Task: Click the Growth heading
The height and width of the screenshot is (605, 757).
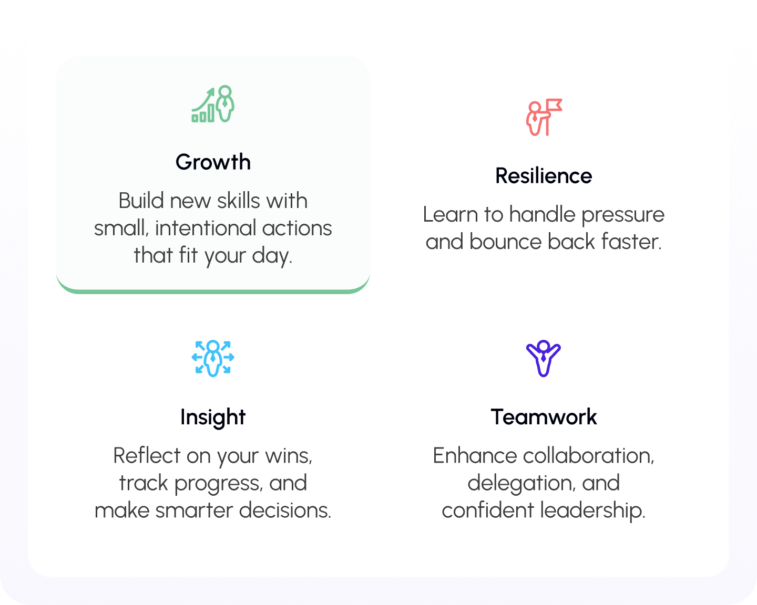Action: tap(213, 162)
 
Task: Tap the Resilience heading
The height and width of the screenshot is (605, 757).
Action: tap(544, 176)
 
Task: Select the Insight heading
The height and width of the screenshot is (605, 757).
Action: tap(213, 418)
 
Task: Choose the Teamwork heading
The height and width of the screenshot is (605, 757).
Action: tap(544, 418)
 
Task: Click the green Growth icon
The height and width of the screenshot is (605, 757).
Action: tap(213, 103)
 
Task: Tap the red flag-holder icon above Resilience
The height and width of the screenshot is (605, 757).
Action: tap(544, 117)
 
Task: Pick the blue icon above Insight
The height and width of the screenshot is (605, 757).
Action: tap(213, 359)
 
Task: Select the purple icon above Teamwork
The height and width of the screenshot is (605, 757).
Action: tap(544, 359)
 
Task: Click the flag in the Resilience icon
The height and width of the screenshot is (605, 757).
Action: tap(554, 105)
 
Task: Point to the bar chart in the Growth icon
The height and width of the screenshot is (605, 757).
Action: tap(203, 113)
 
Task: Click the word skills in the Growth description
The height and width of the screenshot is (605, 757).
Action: tap(239, 201)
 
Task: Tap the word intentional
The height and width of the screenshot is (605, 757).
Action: tap(206, 228)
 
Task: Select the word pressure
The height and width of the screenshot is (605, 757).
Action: tap(622, 215)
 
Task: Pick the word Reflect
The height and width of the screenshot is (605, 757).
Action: tap(147, 456)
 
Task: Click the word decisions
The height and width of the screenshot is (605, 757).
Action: tap(285, 510)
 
